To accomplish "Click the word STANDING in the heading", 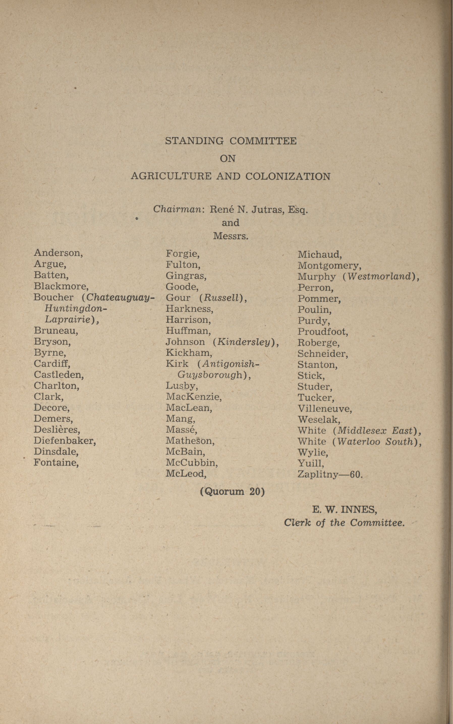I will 194,141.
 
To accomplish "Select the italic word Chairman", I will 178,209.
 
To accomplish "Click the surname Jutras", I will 268,209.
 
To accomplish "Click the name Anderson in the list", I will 58,253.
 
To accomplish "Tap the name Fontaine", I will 56,462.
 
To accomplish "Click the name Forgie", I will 182,254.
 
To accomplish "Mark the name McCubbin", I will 191,463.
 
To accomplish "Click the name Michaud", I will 319,255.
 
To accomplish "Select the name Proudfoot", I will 322,332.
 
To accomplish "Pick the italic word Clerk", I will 297,523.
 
